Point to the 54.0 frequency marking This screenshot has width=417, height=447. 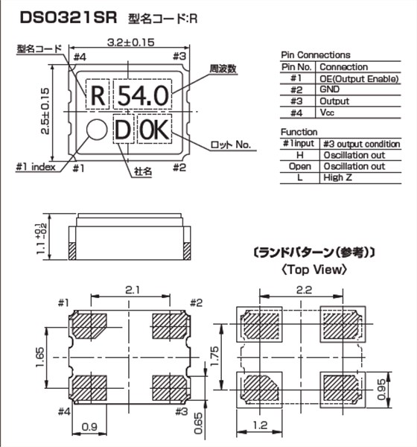[141, 95]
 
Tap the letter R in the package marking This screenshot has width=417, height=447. [97, 95]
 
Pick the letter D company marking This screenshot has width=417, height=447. [122, 130]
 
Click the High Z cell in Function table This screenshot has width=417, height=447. [334, 178]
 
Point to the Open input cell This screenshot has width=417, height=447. [299, 167]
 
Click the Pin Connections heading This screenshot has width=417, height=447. [315, 55]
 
